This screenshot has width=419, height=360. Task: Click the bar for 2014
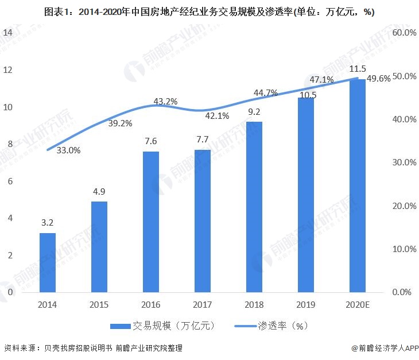coord(48,262)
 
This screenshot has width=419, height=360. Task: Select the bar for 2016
coord(151,222)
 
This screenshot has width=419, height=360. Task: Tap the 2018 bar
coord(254,207)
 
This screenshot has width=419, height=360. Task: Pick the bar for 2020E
coord(358,185)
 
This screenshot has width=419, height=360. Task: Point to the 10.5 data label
coord(306,95)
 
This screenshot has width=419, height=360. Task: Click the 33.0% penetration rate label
coord(68,150)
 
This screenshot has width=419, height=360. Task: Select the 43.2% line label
coord(166,101)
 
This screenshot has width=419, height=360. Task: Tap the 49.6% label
coord(378,79)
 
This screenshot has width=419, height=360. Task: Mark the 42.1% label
coord(217,116)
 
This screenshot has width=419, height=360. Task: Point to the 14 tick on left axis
coord(8,33)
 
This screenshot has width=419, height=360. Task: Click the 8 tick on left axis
coord(8,144)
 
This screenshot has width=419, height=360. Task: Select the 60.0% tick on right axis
coord(404,33)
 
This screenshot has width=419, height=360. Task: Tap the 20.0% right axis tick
coord(404,206)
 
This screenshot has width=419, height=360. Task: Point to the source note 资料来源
coord(94,348)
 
